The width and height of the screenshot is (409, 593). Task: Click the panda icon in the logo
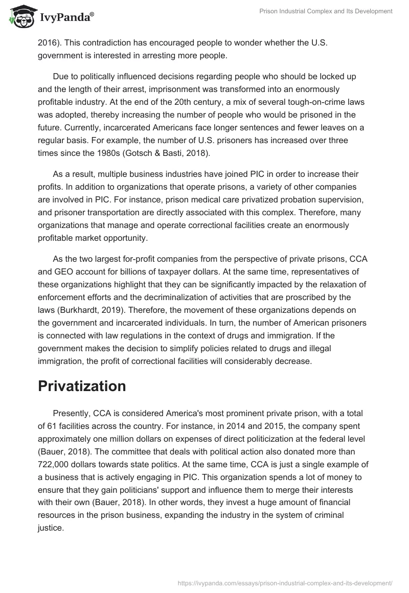point(20,17)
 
